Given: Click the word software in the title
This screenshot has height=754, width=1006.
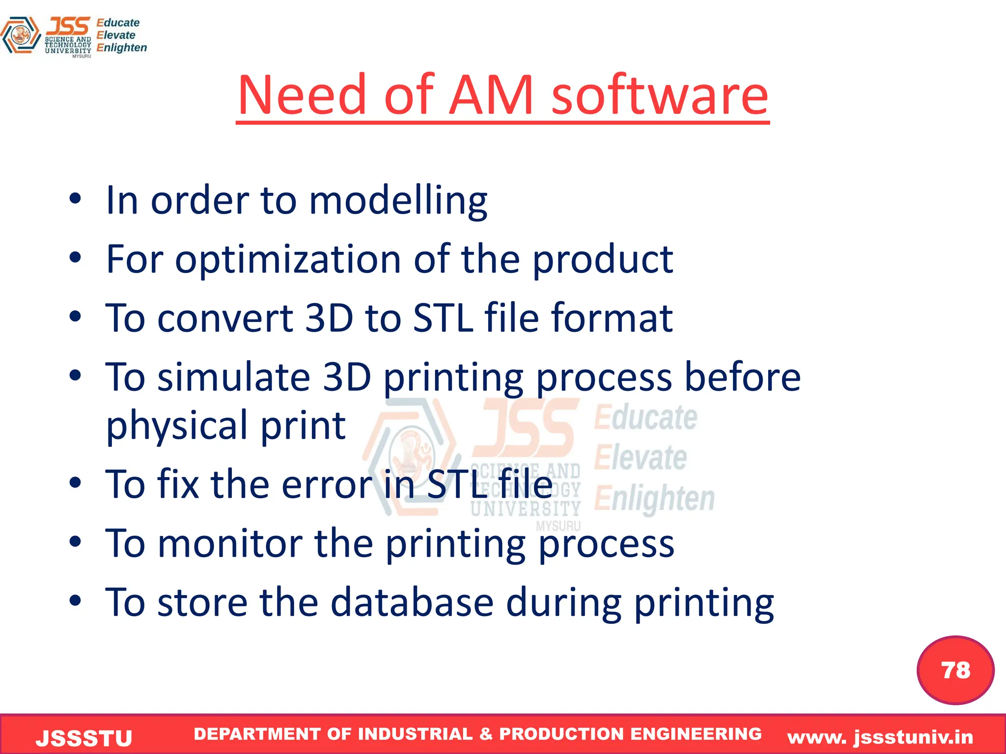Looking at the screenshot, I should click(x=660, y=95).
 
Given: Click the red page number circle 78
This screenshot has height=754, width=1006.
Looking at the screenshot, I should click(x=955, y=670).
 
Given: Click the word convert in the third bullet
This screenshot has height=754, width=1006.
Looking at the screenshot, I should click(x=225, y=318).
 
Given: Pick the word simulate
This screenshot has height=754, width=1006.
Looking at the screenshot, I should click(x=233, y=377).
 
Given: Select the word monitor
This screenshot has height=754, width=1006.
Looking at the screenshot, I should click(x=229, y=544).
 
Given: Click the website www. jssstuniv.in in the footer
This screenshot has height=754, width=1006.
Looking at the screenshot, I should click(x=880, y=737).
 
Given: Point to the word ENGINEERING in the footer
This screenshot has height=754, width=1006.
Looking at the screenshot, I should click(x=696, y=734).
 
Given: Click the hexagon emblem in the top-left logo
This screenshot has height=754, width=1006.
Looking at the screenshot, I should click(x=21, y=35).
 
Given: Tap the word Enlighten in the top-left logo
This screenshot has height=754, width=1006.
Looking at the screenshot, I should click(x=121, y=48).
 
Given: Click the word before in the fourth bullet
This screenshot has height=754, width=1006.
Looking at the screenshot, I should click(x=742, y=377).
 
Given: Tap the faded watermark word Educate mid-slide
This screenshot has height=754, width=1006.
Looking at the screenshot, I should click(x=645, y=418).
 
